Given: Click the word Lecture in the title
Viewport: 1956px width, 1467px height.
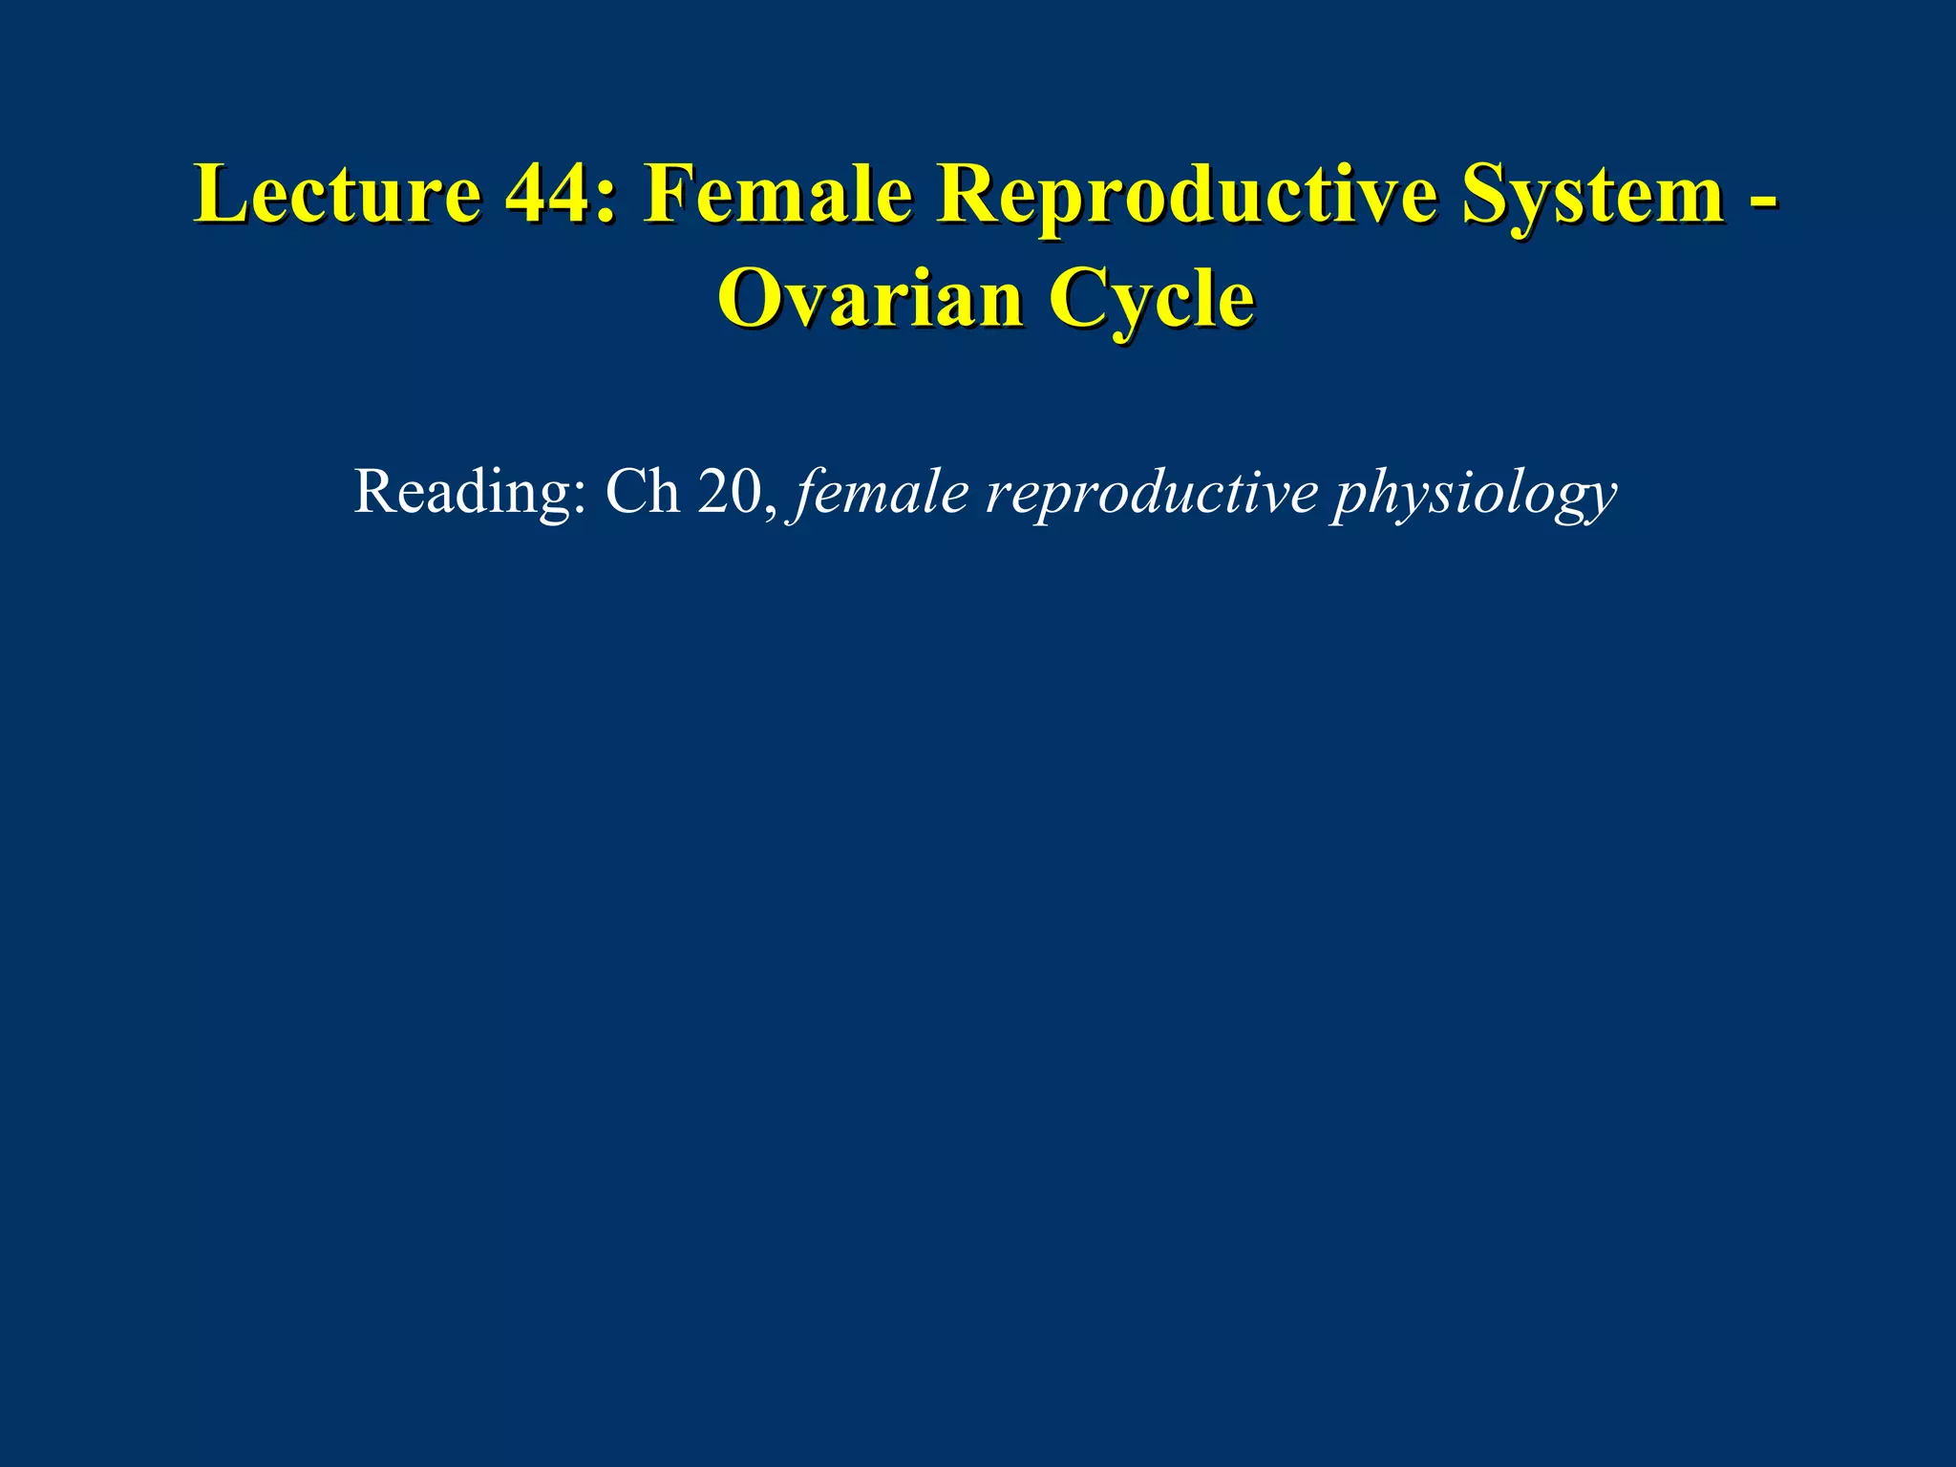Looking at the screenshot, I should coord(338,195).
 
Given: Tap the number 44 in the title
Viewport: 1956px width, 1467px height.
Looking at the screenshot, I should coord(545,195).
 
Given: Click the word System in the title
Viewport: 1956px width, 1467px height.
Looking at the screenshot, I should coord(1592,197).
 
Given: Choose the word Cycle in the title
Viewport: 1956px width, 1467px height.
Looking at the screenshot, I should coord(1152,302).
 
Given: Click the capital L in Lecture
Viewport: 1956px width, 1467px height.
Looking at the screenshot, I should coord(217,195).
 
